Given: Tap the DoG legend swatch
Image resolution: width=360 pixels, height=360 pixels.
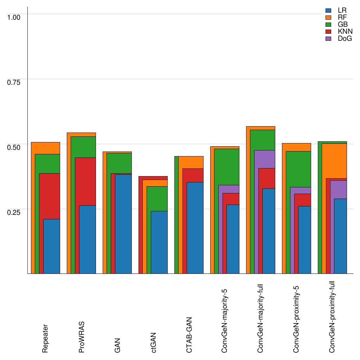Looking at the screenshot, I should click(329, 39).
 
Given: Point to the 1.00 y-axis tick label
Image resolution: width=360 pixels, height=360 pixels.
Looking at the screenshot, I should click(14, 17).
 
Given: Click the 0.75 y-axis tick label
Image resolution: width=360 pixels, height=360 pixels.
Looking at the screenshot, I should click(14, 82).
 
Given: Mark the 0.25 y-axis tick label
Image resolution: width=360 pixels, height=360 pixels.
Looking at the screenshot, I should click(14, 212).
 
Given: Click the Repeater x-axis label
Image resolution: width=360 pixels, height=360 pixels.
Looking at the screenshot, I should click(45, 338).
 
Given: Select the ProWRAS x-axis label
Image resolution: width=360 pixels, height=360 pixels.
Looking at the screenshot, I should click(82, 337).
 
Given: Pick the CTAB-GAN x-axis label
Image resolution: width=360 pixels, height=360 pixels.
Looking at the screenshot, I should click(189, 334).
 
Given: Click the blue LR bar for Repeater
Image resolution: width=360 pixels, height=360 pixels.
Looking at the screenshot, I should click(51, 246).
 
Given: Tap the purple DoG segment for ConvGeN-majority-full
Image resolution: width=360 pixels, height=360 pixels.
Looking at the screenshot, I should click(260, 159).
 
